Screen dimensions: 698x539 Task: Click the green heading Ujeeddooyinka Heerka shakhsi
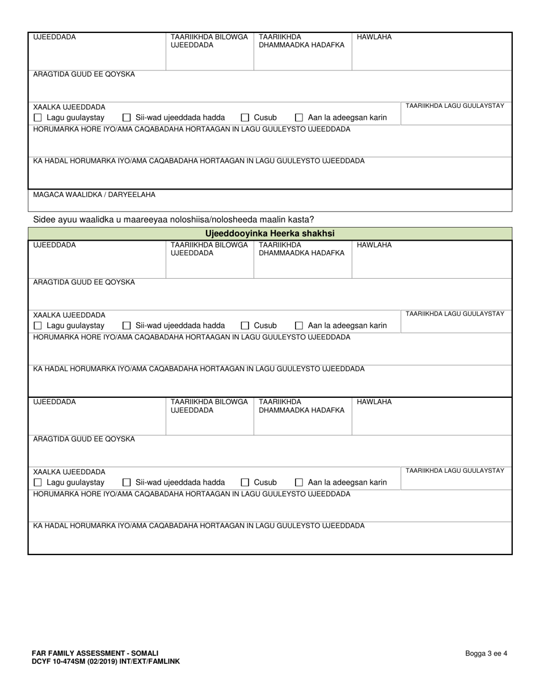[269, 233]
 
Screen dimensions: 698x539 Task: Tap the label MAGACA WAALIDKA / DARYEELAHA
[94, 195]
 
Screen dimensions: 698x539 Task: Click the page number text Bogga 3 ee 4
[486, 653]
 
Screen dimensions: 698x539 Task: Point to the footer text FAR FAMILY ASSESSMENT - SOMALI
[95, 653]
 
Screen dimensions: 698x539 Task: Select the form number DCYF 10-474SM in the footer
[60, 661]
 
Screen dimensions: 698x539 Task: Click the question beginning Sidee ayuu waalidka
[174, 220]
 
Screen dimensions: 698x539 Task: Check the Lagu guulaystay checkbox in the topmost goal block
[38, 118]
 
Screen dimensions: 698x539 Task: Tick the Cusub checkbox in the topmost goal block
[245, 118]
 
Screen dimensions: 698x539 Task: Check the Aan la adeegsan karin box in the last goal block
[299, 483]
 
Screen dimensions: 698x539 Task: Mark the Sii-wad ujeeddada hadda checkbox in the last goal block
[127, 483]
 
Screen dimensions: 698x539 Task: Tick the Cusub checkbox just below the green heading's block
[245, 326]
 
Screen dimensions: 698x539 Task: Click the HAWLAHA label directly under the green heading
[374, 245]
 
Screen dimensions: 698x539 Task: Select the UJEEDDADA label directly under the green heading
[54, 245]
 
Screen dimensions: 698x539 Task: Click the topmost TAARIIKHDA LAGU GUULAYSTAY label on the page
[454, 106]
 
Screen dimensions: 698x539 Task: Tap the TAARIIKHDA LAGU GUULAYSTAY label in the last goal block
[454, 470]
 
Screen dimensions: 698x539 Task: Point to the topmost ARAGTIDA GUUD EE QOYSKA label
[84, 74]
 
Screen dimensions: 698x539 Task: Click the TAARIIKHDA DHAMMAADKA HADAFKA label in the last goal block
[301, 406]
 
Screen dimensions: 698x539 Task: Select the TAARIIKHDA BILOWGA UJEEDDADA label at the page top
[209, 41]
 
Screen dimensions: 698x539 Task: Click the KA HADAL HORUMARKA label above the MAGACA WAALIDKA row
[199, 161]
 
